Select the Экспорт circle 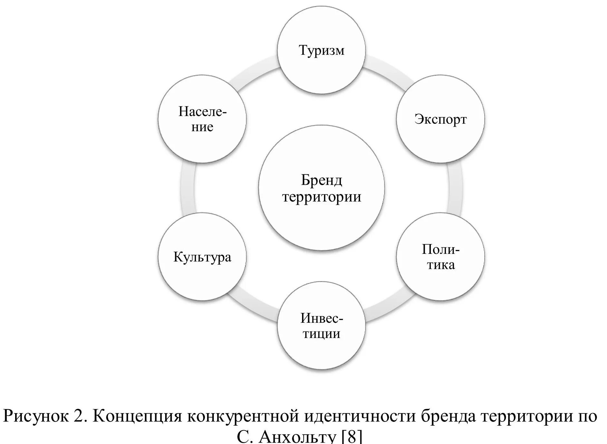(x=440, y=119)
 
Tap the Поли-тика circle (x=440, y=257)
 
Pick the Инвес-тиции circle (x=321, y=326)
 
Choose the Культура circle (x=202, y=257)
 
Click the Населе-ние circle (x=202, y=119)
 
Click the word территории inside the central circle (x=321, y=197)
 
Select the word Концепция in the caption (x=137, y=416)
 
